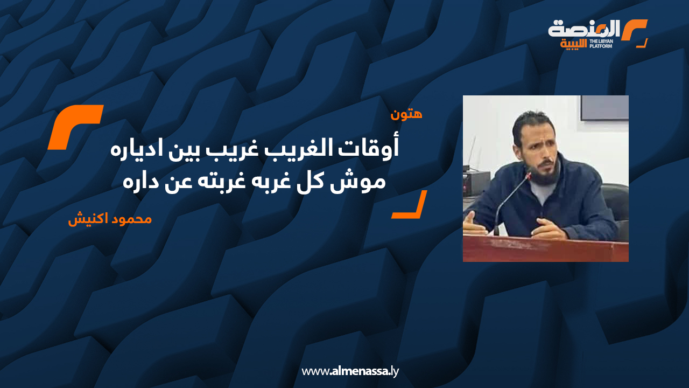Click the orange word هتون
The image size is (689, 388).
(406, 114)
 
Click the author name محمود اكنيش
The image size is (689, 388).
(110, 219)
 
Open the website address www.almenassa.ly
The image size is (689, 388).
(350, 371)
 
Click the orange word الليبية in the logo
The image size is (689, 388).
(573, 44)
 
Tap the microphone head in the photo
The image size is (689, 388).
(529, 176)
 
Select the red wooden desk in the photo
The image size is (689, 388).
(546, 248)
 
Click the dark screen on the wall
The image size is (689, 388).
(604, 108)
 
